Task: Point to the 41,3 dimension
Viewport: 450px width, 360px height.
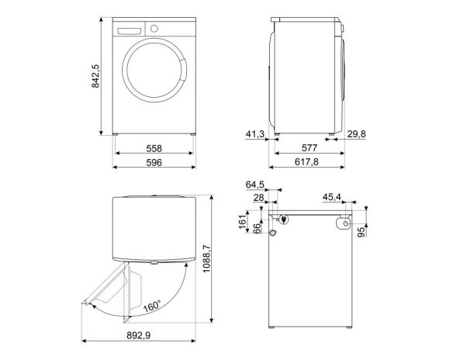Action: click(254, 135)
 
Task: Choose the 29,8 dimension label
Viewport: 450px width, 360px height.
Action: click(358, 135)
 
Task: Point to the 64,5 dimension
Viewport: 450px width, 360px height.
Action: click(256, 185)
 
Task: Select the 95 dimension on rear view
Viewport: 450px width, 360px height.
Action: click(362, 234)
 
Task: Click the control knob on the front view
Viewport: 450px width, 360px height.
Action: click(154, 29)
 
